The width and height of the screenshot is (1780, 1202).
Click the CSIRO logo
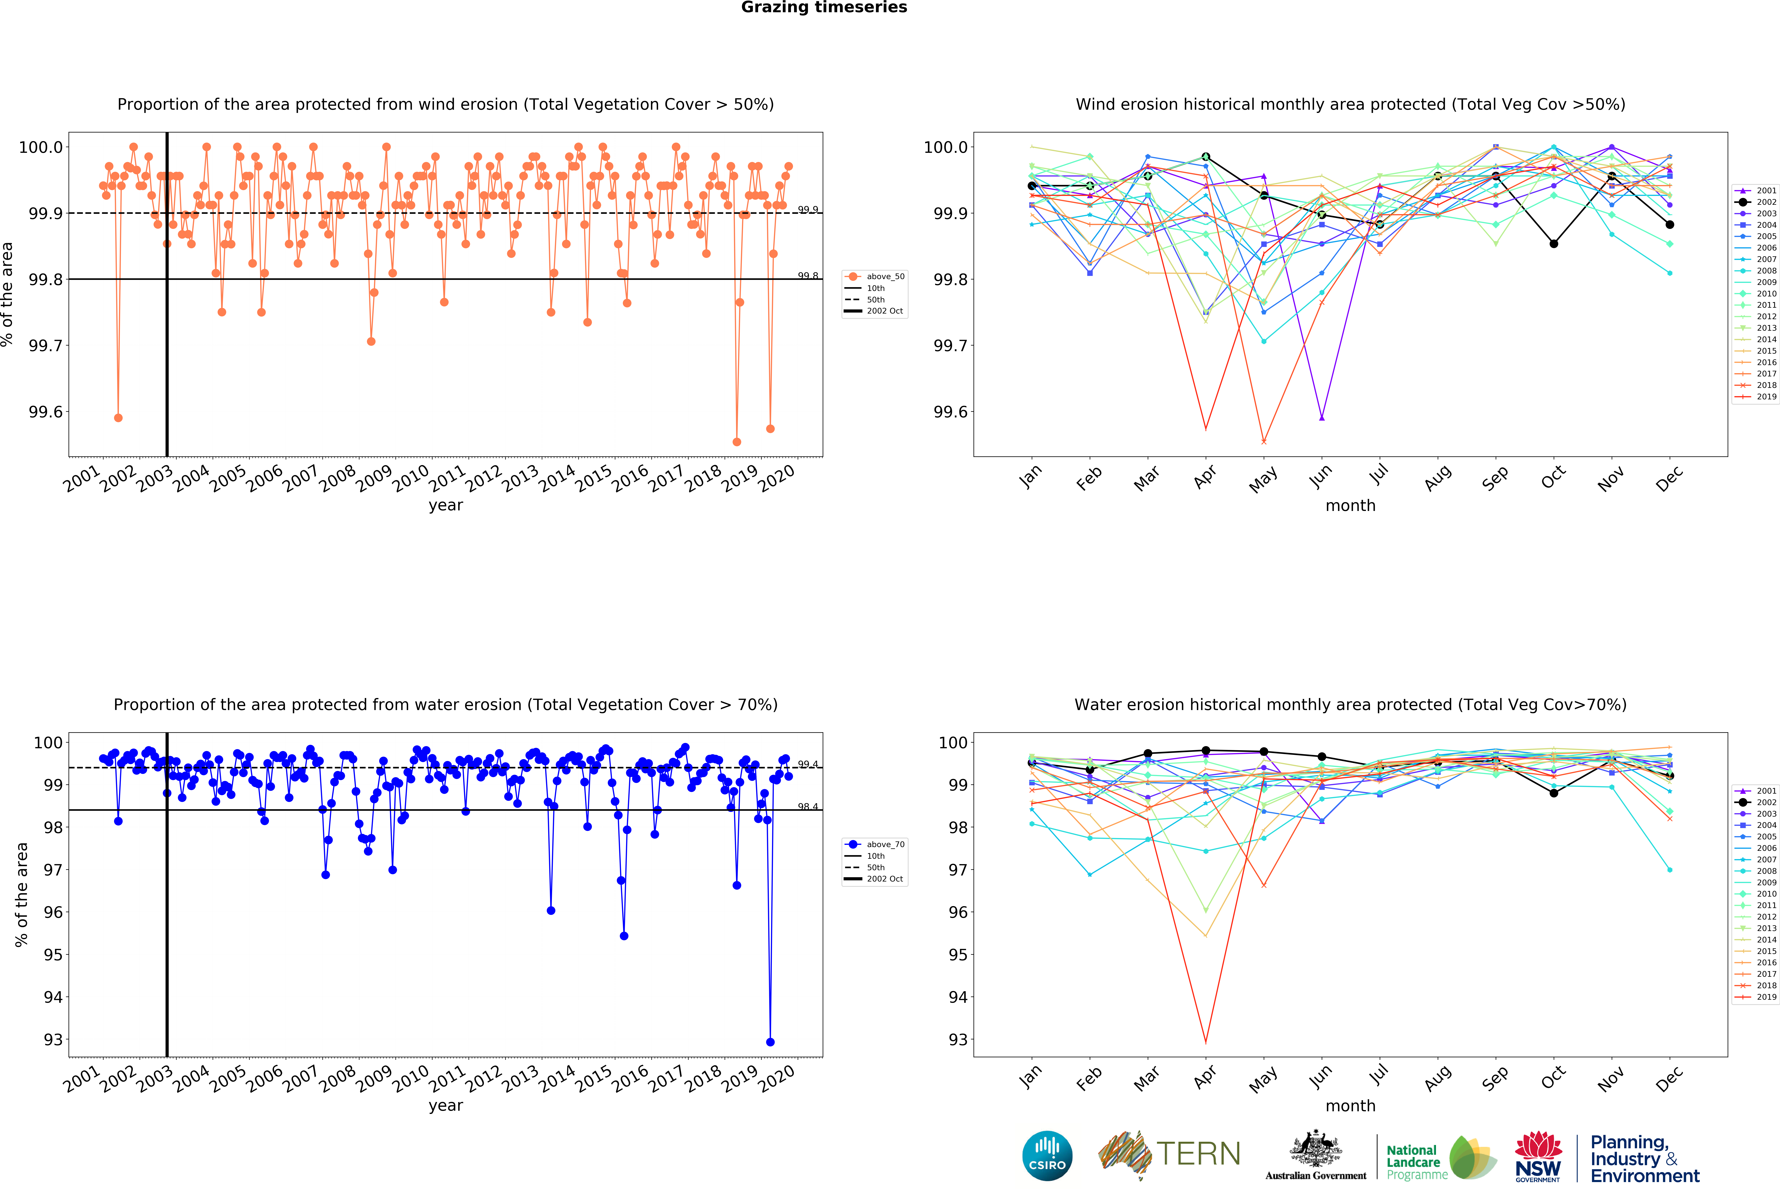[x=1047, y=1155]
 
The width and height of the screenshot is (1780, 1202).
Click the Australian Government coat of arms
[x=1315, y=1148]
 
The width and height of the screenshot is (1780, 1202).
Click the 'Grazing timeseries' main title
[x=824, y=8]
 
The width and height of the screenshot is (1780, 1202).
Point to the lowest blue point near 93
[x=770, y=1042]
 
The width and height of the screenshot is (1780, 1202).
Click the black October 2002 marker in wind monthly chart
[x=1553, y=244]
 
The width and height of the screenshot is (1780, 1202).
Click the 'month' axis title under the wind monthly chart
[x=1350, y=505]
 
